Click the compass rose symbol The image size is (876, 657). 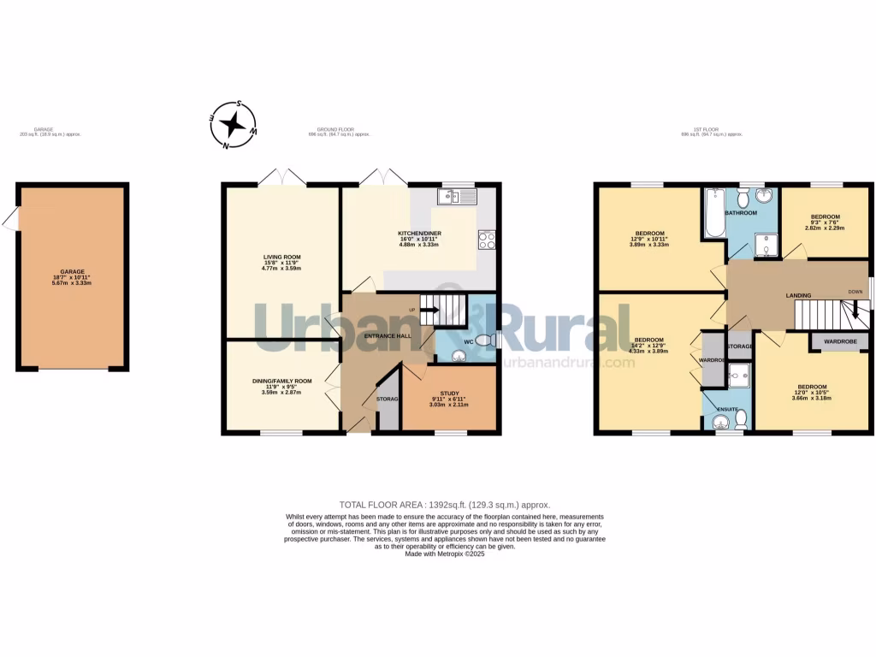(x=233, y=125)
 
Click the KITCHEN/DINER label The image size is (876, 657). (x=419, y=234)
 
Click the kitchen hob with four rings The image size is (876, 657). (x=487, y=240)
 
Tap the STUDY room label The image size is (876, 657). (x=449, y=393)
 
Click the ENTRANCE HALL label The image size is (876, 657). (x=388, y=336)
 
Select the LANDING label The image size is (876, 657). (x=798, y=296)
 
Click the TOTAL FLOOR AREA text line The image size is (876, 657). (x=444, y=506)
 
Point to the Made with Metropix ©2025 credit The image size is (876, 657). (x=444, y=553)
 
